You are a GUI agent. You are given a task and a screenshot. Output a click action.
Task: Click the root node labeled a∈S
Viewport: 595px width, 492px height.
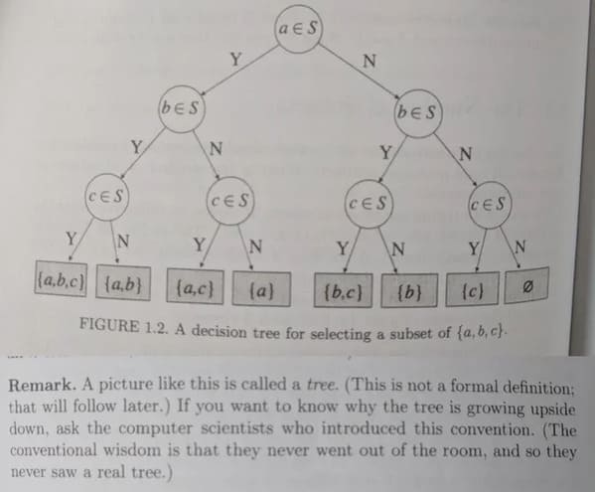[298, 29]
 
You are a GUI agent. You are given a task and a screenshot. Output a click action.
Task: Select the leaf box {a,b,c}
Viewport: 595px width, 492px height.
[61, 279]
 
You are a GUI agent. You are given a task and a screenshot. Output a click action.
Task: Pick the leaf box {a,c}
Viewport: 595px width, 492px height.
[195, 287]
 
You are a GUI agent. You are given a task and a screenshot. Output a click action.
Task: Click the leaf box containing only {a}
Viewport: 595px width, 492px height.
[261, 289]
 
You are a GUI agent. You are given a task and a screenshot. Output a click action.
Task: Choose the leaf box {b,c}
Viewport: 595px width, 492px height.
[343, 290]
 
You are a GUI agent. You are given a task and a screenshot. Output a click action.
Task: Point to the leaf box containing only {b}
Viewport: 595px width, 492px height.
[409, 290]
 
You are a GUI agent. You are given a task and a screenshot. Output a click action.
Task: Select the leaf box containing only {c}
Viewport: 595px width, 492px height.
[472, 289]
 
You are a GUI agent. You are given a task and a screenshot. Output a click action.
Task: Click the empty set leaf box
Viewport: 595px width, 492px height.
[526, 286]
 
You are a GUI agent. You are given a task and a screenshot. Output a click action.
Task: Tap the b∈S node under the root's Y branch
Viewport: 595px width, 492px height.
[182, 109]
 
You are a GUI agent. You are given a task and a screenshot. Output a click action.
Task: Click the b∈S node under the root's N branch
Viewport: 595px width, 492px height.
[418, 113]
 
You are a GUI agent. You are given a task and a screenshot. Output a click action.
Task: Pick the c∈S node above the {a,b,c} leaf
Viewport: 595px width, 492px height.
[107, 197]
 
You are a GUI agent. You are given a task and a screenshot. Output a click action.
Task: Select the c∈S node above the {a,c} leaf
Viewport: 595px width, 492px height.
[230, 201]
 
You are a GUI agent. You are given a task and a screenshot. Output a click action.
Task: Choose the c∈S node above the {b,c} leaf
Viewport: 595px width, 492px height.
[369, 204]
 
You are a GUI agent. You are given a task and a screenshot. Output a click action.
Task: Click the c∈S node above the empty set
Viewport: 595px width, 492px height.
[490, 205]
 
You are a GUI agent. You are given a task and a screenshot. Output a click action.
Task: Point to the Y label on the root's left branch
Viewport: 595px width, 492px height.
[236, 60]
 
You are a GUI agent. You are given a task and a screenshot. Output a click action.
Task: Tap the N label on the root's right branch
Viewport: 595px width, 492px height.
[370, 61]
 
